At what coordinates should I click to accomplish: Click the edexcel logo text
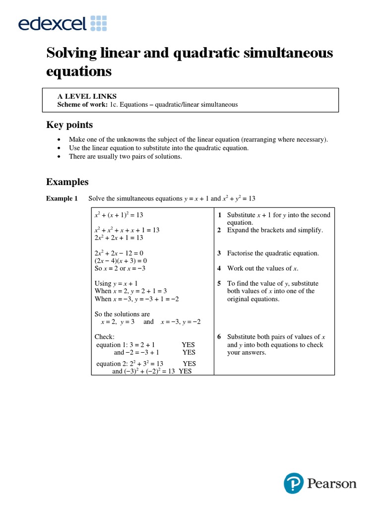click(x=52, y=23)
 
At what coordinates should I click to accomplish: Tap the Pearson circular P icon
click(x=293, y=483)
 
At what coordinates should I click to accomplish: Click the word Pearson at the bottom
click(x=331, y=483)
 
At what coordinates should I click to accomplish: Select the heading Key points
click(x=69, y=125)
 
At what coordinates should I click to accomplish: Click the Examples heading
click(x=67, y=182)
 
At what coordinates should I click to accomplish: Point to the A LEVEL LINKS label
click(x=87, y=96)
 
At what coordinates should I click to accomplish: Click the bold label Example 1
click(x=62, y=198)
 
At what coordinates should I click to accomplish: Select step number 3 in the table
click(x=219, y=253)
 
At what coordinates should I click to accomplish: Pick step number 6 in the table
click(x=219, y=337)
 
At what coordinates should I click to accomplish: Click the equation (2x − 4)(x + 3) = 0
click(x=121, y=260)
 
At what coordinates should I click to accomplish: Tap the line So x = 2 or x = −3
click(x=120, y=268)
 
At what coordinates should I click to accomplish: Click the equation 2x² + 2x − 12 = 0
click(x=119, y=253)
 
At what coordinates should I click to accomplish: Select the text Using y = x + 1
click(x=116, y=284)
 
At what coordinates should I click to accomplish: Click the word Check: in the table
click(x=105, y=337)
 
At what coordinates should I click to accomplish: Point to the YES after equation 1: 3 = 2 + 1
click(x=188, y=344)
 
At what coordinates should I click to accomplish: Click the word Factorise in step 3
click(x=241, y=253)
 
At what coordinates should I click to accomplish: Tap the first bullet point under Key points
click(x=60, y=139)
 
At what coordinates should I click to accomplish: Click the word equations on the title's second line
click(x=79, y=71)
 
